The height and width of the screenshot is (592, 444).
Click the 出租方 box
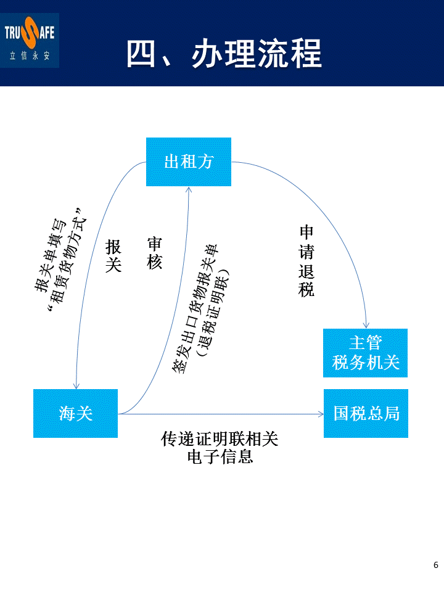pyautogui.click(x=188, y=162)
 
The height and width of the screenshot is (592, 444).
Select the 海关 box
pyautogui.click(x=75, y=413)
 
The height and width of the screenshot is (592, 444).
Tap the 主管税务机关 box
pyautogui.click(x=366, y=353)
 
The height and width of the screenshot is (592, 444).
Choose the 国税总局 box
pyautogui.click(x=366, y=413)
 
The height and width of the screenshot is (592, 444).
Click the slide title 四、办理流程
pyautogui.click(x=224, y=54)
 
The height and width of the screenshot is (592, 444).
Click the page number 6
pyautogui.click(x=436, y=565)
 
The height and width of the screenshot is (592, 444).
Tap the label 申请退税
pyautogui.click(x=306, y=261)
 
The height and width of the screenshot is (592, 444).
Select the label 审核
pyautogui.click(x=154, y=253)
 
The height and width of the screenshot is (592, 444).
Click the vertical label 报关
pyautogui.click(x=113, y=257)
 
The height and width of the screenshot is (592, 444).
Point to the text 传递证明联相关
pyautogui.click(x=220, y=439)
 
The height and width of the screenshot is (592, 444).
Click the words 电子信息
pyautogui.click(x=220, y=458)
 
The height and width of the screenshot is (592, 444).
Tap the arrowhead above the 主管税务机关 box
pyautogui.click(x=366, y=324)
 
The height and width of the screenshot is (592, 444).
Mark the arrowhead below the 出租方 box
pyautogui.click(x=188, y=191)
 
